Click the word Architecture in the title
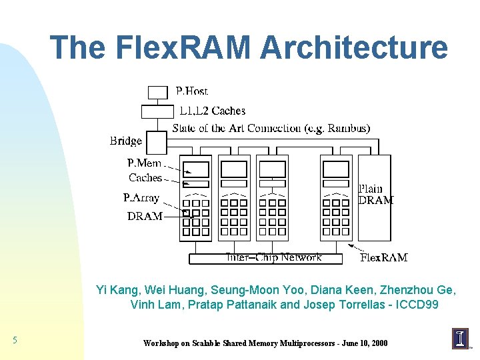click(354, 48)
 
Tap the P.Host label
click(191, 91)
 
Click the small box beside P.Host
click(158, 92)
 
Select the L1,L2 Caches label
click(212, 111)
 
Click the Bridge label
click(126, 141)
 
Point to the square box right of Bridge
click(156, 141)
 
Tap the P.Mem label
click(144, 163)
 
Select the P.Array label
click(141, 197)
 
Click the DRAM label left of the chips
click(145, 216)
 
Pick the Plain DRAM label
click(375, 194)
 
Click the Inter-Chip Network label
click(274, 257)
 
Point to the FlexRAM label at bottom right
click(383, 257)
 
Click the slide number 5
click(15, 341)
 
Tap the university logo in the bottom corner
click(460, 339)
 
